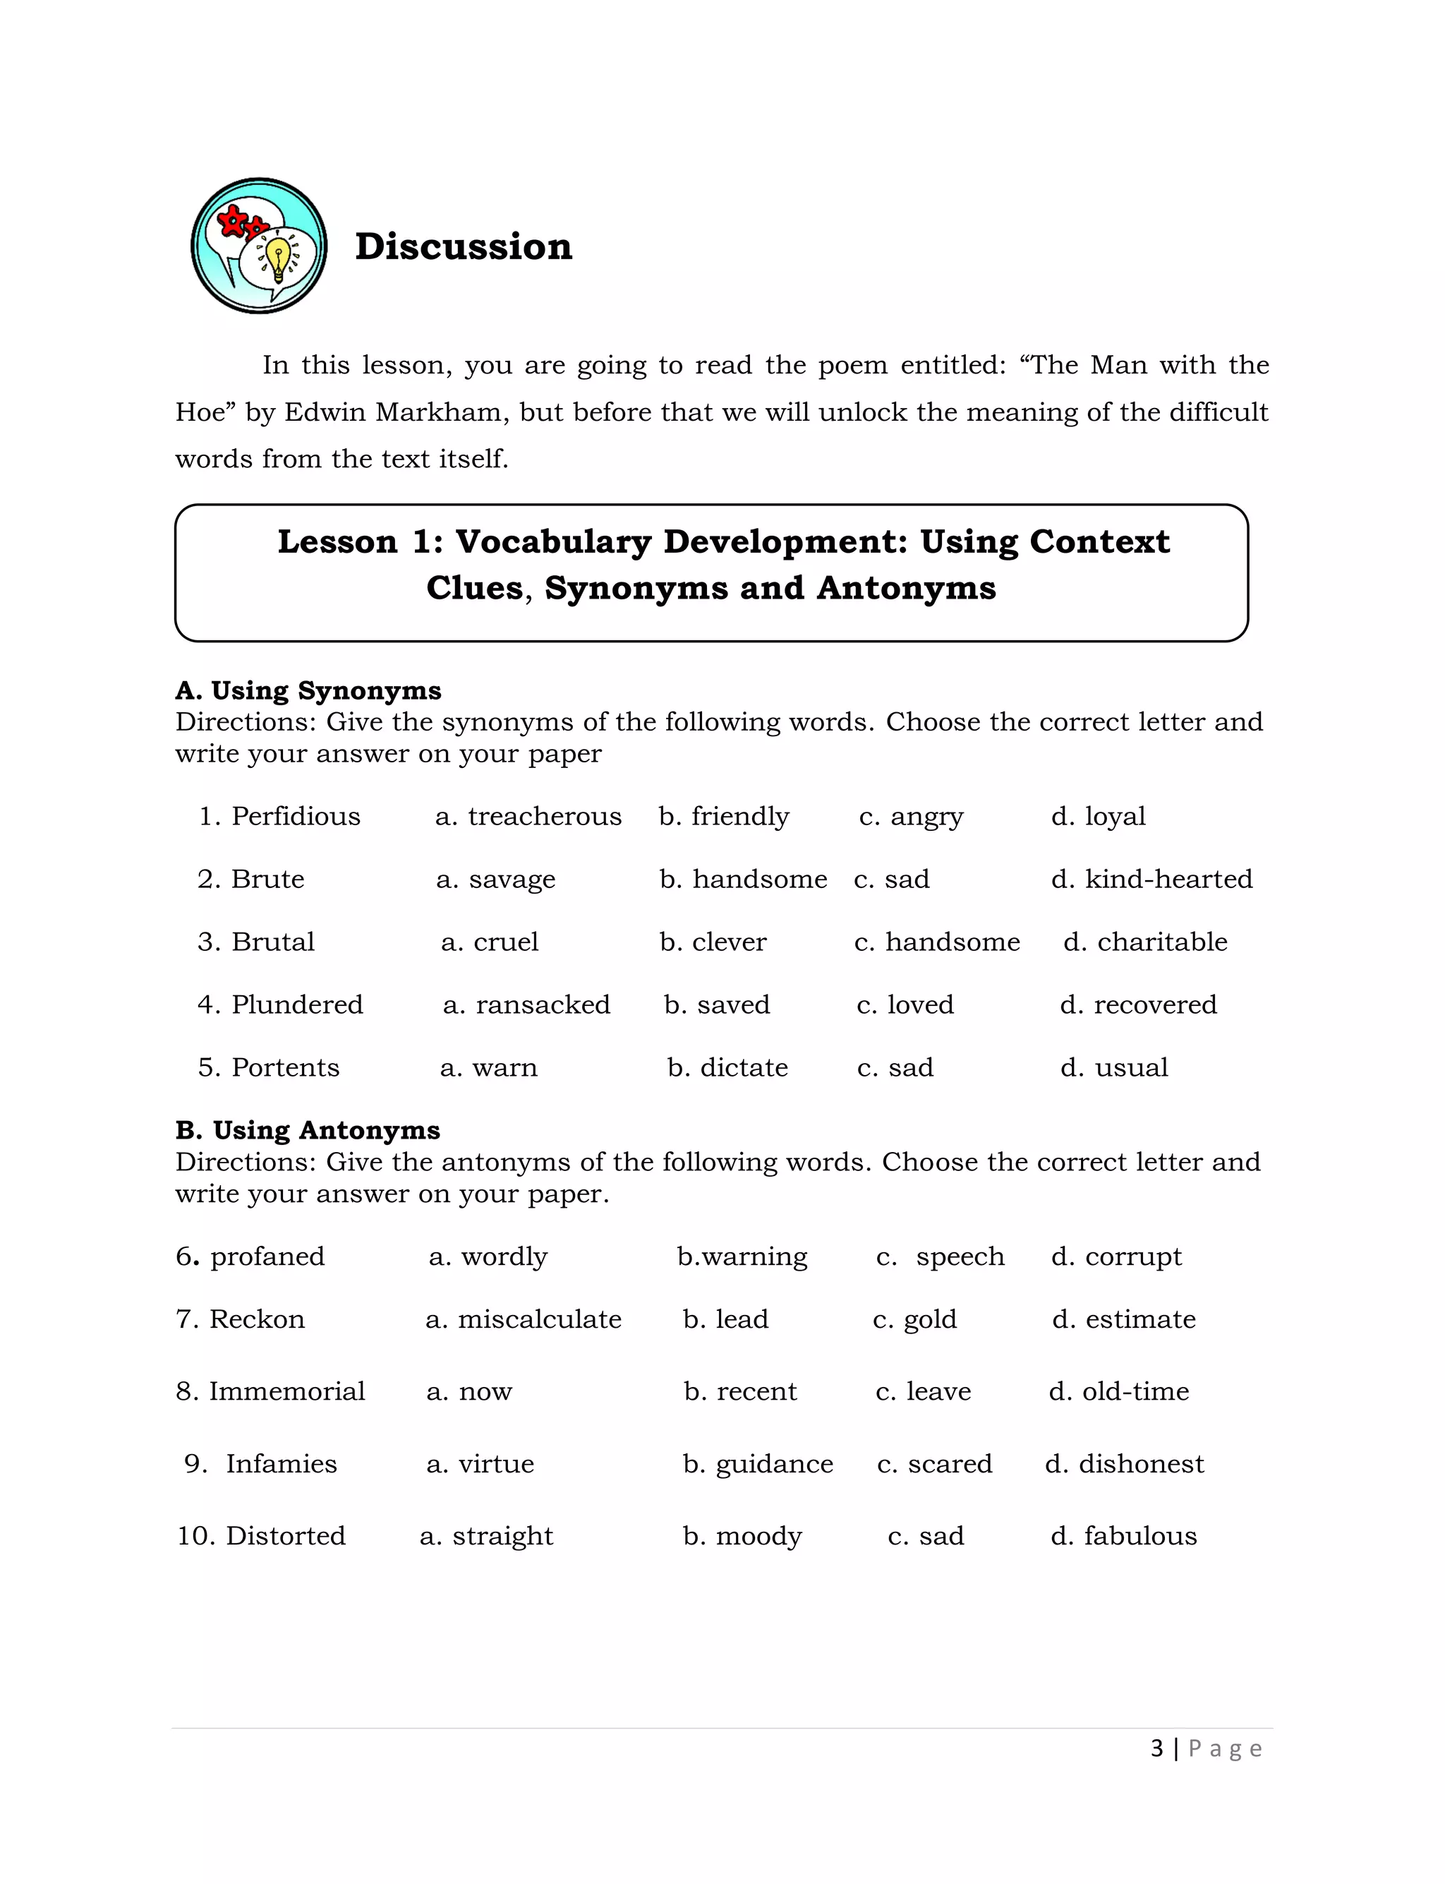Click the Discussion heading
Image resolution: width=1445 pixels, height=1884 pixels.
[x=464, y=247]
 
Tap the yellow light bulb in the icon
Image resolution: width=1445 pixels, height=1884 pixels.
[x=278, y=257]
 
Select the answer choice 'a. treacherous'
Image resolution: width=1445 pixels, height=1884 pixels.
[x=528, y=817]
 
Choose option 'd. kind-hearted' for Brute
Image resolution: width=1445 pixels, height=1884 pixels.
[x=1151, y=880]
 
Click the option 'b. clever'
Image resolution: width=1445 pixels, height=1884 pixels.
[x=713, y=942]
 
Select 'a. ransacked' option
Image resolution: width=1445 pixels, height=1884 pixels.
[x=526, y=1004]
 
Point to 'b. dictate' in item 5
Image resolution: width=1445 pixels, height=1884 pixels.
[x=727, y=1067]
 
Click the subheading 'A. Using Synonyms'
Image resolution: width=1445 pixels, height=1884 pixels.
[x=308, y=691]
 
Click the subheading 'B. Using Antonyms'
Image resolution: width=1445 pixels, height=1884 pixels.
[x=308, y=1130]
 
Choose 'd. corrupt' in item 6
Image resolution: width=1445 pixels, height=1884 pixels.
[x=1116, y=1257]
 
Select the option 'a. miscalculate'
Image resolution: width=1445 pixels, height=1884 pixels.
[x=523, y=1320]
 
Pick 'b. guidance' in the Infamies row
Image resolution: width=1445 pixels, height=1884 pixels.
[x=758, y=1464]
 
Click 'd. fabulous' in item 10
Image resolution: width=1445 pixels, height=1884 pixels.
[x=1123, y=1537]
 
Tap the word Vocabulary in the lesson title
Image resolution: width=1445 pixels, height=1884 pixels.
[x=553, y=542]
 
